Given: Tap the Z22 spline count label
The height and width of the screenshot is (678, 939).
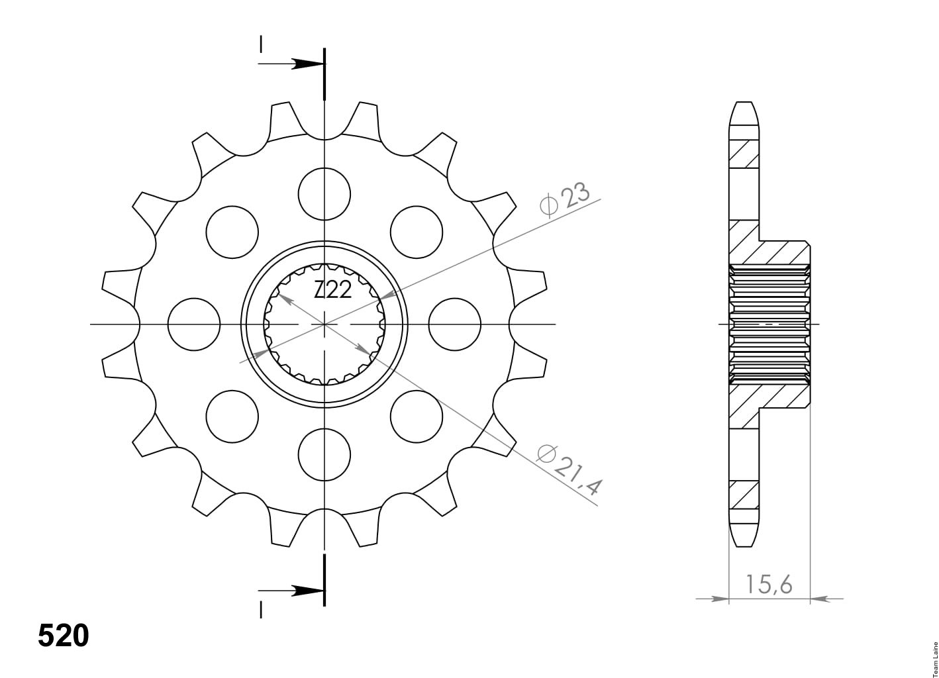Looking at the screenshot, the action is (x=333, y=289).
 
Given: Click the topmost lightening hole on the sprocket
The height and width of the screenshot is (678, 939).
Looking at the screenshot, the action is (x=324, y=194).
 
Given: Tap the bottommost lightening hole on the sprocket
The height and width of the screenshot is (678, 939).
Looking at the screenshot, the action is (x=324, y=455).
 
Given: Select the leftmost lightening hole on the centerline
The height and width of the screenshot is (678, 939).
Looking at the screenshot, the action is (x=193, y=324).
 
